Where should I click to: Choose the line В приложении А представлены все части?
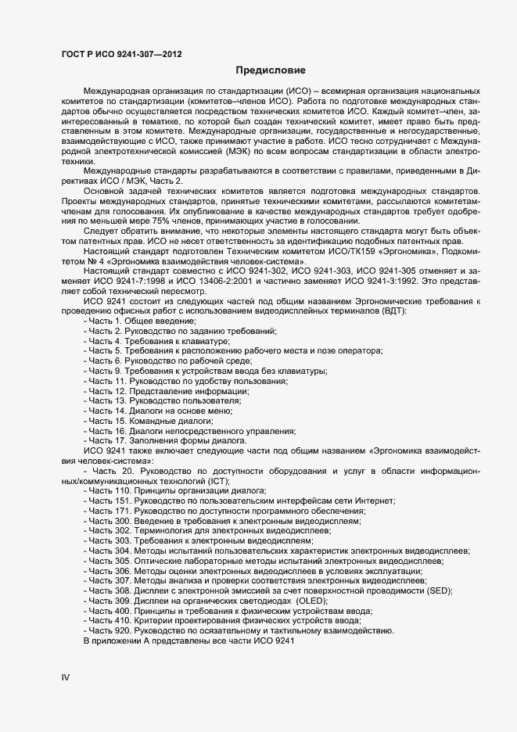pyautogui.click(x=188, y=641)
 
